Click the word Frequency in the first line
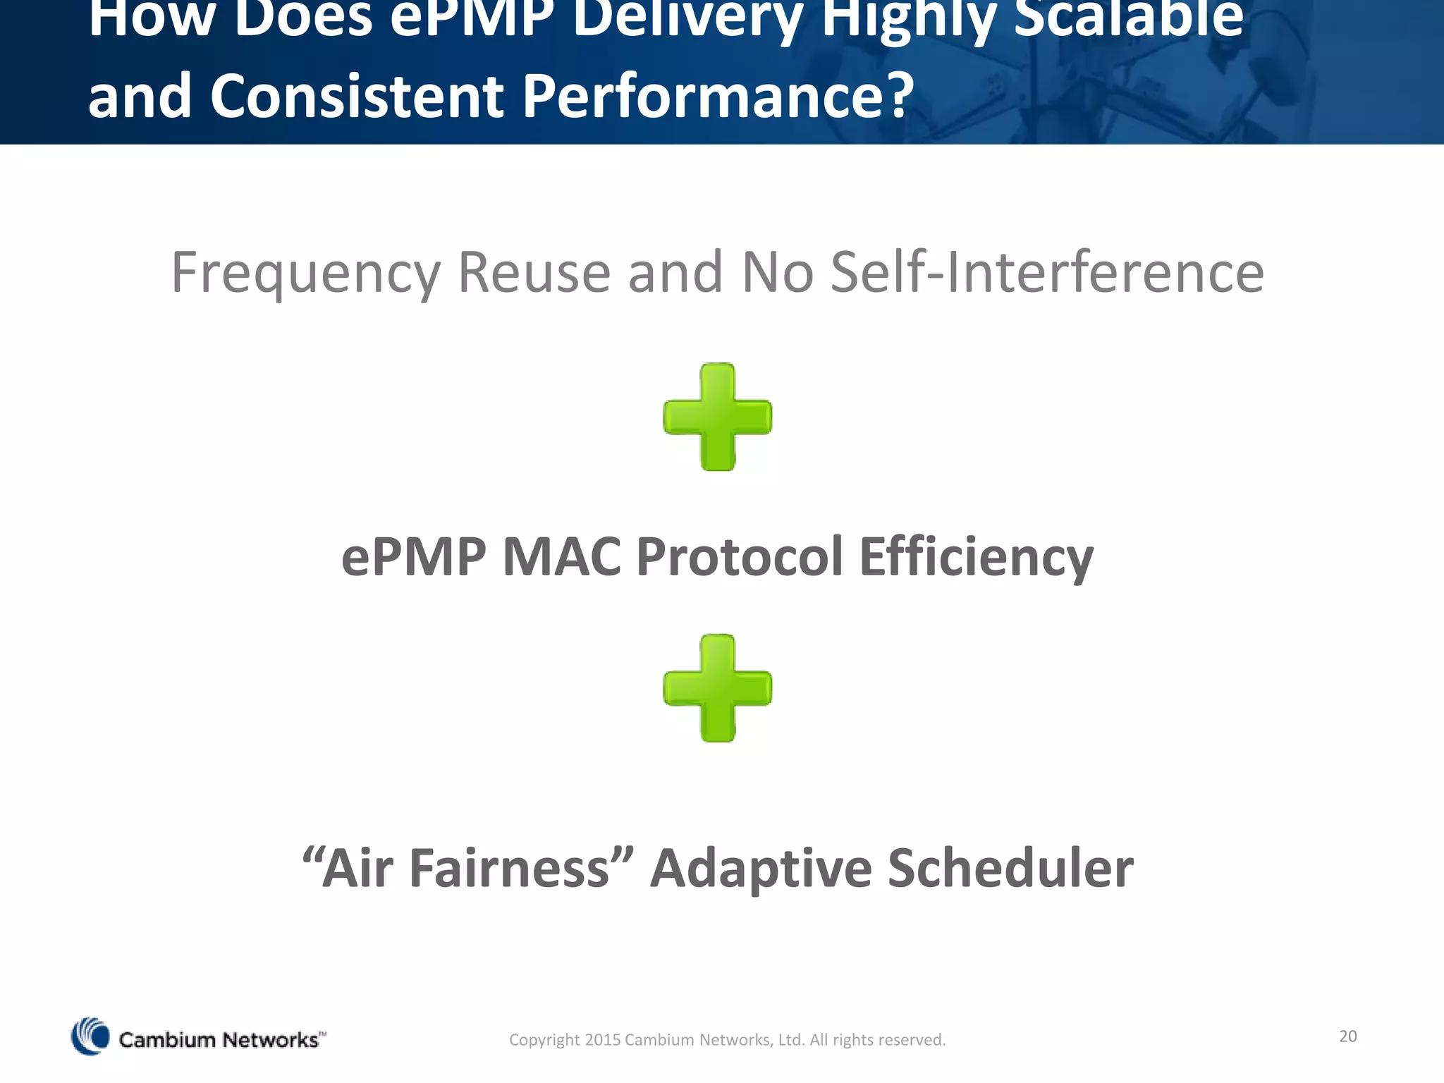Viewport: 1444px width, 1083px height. (x=305, y=274)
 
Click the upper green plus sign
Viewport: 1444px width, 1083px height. (x=718, y=417)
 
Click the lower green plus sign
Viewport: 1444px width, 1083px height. (x=718, y=687)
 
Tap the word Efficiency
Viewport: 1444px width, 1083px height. (x=976, y=557)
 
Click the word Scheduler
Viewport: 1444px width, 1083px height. (x=1010, y=868)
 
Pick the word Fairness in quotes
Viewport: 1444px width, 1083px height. (x=509, y=868)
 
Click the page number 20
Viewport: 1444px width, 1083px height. (x=1347, y=1036)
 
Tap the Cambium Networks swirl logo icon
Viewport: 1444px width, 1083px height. (x=90, y=1036)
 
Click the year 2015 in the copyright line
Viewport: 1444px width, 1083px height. (x=602, y=1040)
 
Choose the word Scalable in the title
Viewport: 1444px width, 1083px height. (x=1128, y=18)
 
